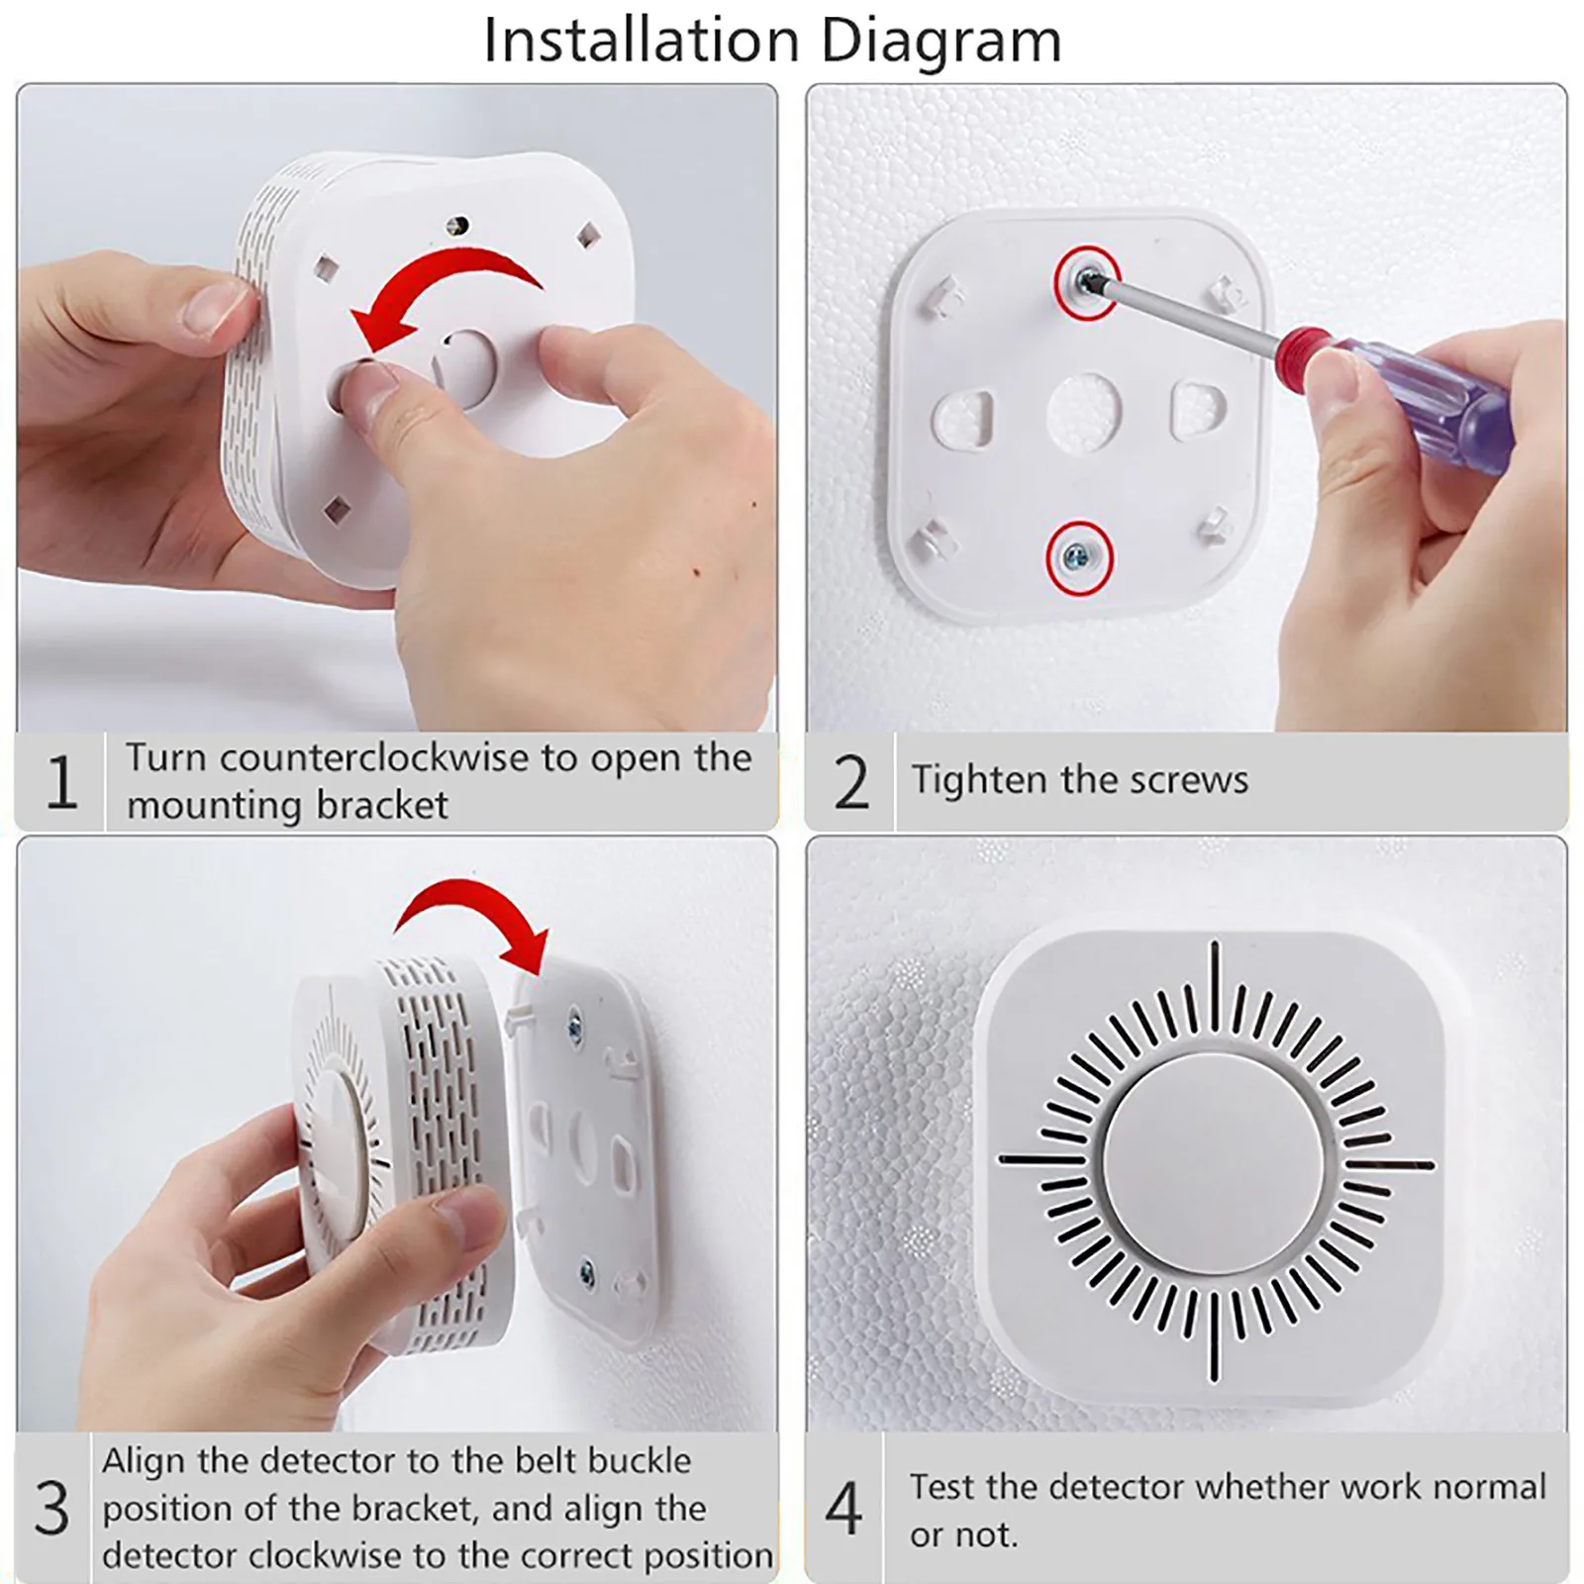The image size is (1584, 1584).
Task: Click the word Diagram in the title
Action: click(940, 42)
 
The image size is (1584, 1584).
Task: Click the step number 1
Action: click(61, 782)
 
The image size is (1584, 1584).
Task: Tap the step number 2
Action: click(850, 782)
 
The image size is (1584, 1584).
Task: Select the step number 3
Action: click(52, 1508)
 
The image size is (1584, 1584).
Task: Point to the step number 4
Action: click(843, 1509)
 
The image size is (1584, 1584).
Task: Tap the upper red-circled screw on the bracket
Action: click(1086, 282)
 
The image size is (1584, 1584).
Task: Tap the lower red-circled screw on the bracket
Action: click(1079, 558)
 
